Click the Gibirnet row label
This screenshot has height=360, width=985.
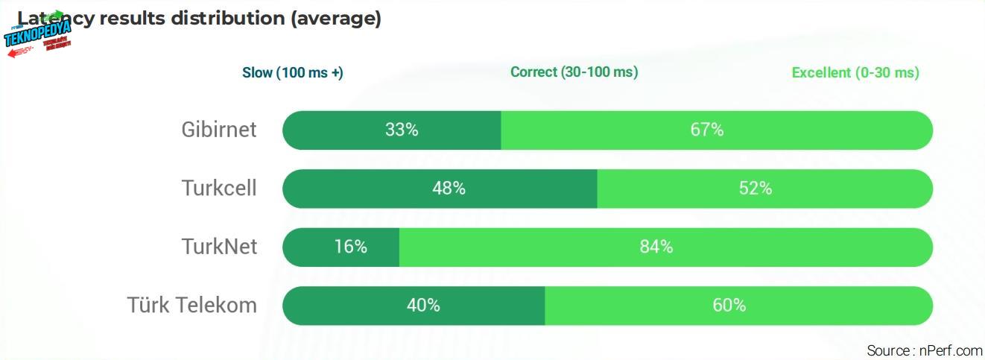[x=218, y=130]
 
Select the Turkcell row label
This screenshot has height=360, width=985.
[x=218, y=188]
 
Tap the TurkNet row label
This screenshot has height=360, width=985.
[x=219, y=247]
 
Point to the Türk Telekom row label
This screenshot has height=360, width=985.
[x=191, y=305]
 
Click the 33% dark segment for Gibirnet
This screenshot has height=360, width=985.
[x=392, y=130]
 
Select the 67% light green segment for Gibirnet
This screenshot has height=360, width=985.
[x=716, y=130]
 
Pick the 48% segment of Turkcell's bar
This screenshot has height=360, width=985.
[x=440, y=189]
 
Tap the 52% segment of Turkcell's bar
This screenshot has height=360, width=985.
[x=764, y=189]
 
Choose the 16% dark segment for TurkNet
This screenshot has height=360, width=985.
[x=341, y=247]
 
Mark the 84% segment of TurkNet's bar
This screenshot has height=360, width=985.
[x=665, y=247]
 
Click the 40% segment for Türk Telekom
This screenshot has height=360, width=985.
[x=414, y=306]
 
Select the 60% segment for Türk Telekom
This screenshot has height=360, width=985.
[x=738, y=306]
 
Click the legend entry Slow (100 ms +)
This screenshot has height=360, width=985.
[x=292, y=73]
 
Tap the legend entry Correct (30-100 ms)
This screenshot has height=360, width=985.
[x=574, y=72]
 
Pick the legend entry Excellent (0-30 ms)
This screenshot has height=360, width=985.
[x=855, y=73]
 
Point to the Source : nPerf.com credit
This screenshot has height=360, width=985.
[x=924, y=350]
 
